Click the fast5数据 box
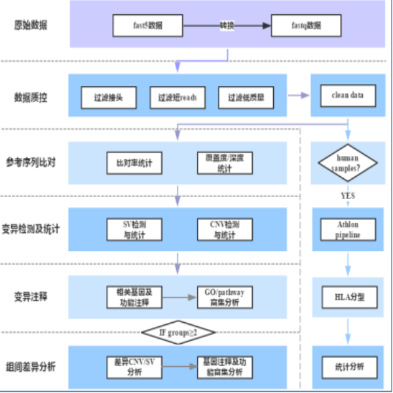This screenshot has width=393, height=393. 147,26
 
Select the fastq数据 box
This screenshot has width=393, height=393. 307,26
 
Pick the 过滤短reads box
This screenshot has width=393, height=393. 177,98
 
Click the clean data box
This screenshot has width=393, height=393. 348,96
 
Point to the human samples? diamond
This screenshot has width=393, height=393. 348,162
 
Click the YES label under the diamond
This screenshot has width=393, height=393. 348,195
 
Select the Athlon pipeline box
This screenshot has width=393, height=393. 348,230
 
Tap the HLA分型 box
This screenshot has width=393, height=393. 348,297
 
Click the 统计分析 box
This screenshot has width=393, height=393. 348,366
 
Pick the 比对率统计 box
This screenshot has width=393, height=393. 134,162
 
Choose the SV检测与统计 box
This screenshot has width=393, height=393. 134,229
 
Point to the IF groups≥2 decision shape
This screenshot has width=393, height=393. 178,333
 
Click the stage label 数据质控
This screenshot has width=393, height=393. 31,98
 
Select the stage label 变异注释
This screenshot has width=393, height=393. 31,297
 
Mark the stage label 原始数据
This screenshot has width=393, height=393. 31,26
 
